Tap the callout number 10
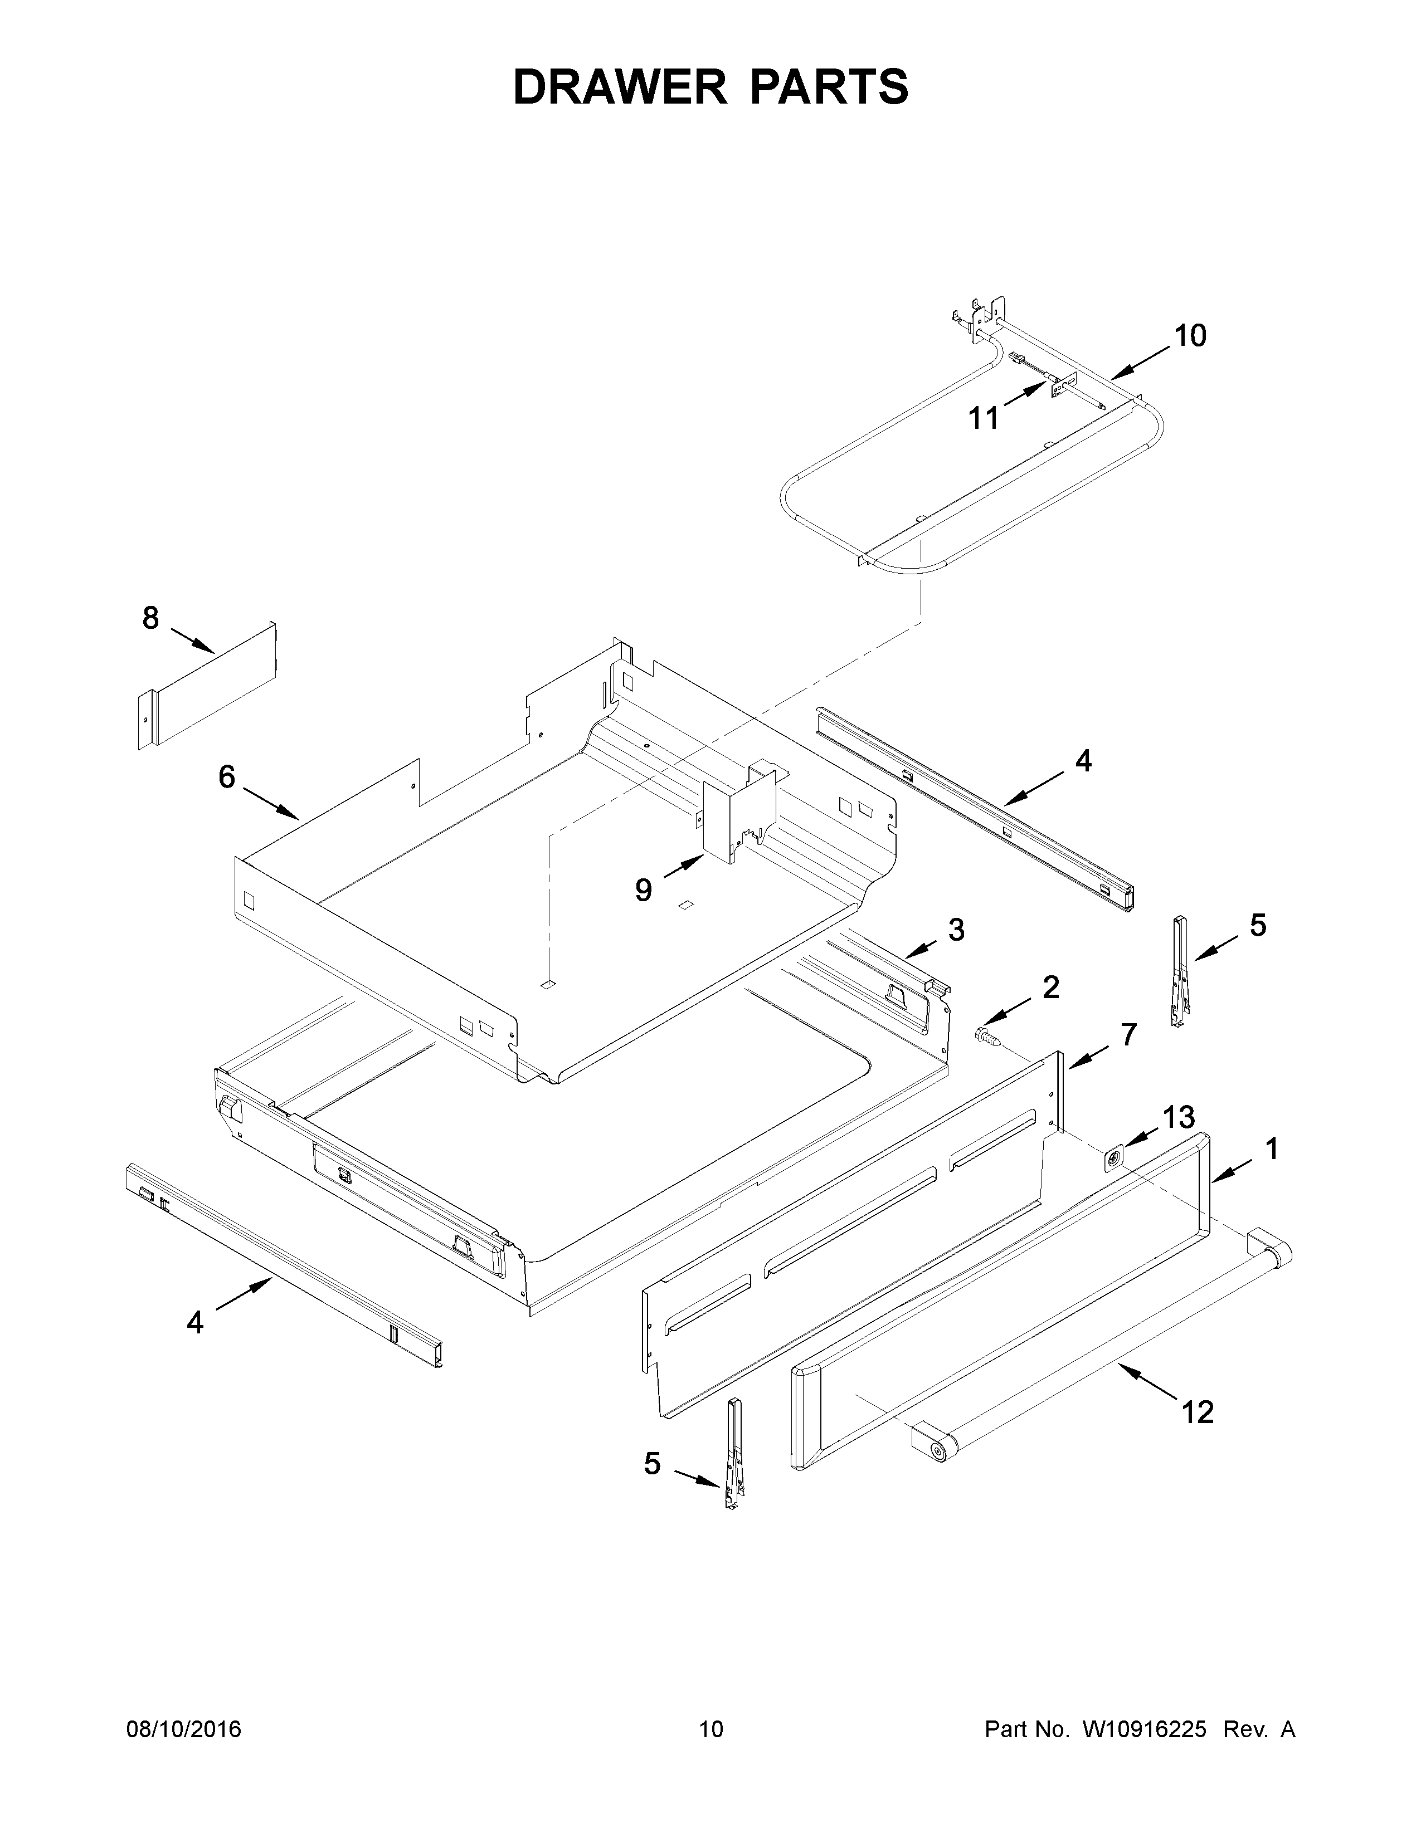(x=1190, y=336)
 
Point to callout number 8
(x=150, y=619)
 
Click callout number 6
(x=226, y=777)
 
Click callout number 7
(x=1128, y=1034)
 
